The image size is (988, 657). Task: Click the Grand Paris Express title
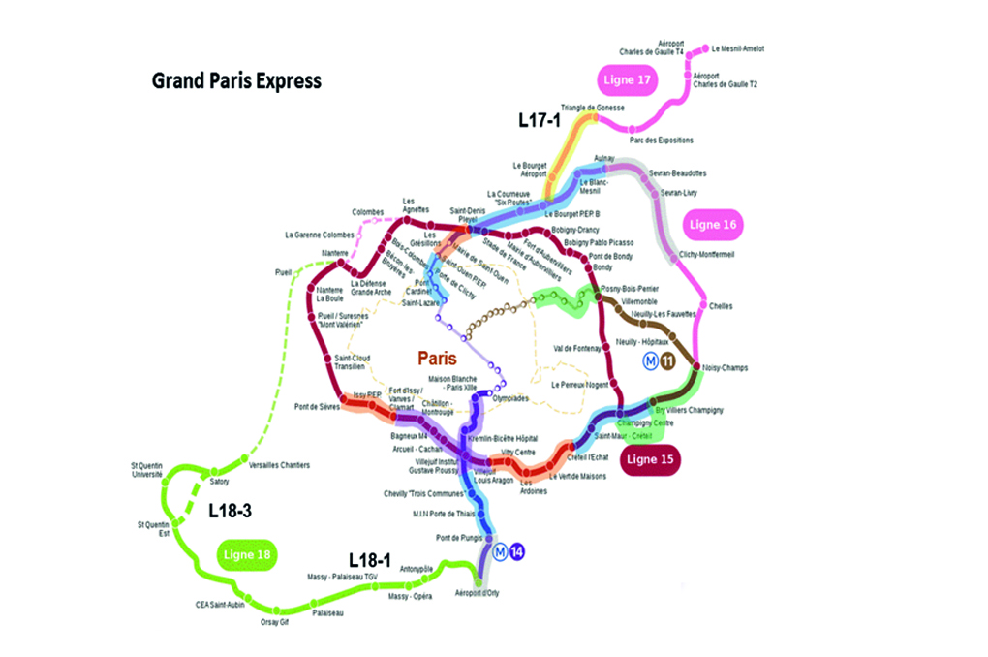(236, 80)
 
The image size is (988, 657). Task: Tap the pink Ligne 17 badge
(630, 79)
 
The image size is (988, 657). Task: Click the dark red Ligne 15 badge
(648, 458)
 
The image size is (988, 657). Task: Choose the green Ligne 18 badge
(246, 555)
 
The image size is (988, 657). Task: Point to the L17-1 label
(540, 120)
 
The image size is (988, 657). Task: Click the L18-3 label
(232, 511)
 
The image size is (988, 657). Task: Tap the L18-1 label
(371, 560)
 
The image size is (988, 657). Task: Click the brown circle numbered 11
(668, 362)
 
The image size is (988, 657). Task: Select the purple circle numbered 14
(517, 551)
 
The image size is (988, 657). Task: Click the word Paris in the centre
(437, 359)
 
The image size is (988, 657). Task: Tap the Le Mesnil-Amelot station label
(738, 48)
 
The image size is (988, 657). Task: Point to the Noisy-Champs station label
(725, 368)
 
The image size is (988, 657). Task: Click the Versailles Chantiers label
(279, 466)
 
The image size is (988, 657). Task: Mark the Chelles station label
(721, 306)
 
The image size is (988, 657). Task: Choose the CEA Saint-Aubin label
(220, 605)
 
